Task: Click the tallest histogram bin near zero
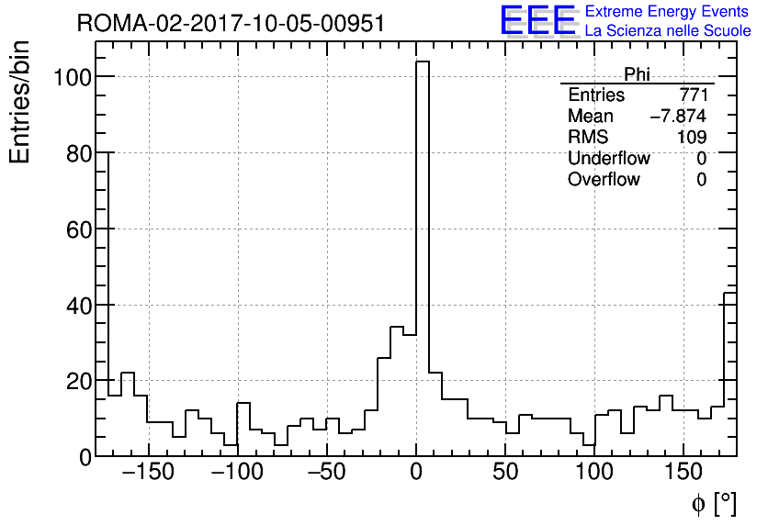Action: (x=423, y=257)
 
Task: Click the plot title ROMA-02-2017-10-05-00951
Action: (x=231, y=24)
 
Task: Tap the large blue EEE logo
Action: (x=537, y=20)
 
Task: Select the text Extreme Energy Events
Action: (x=667, y=12)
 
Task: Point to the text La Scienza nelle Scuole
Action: (x=668, y=31)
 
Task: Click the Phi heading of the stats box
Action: (x=637, y=74)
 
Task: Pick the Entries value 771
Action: (x=693, y=95)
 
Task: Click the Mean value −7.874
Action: (x=678, y=117)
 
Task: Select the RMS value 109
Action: (x=692, y=138)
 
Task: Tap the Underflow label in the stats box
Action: (x=608, y=159)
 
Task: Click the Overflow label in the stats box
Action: (x=604, y=180)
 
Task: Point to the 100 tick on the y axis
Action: (x=71, y=77)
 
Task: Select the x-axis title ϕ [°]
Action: (x=714, y=504)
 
